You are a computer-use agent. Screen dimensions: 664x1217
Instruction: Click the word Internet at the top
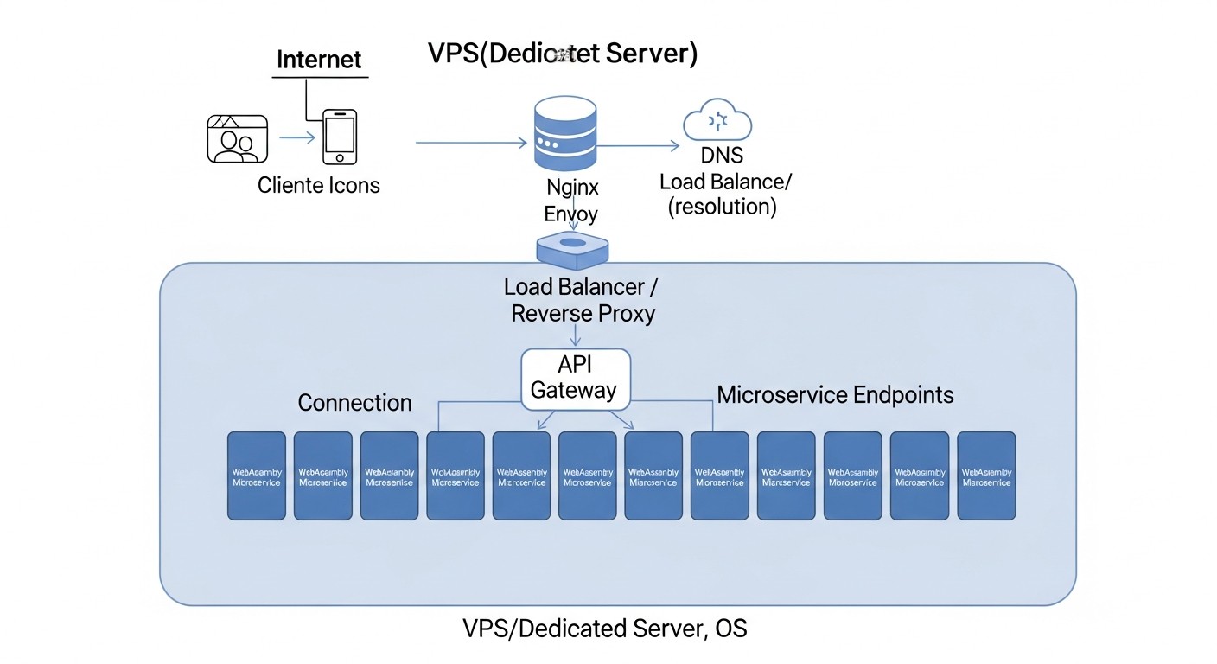319,60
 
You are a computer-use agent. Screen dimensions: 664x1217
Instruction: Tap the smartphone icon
340,136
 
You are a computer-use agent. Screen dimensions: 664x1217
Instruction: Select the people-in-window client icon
238,138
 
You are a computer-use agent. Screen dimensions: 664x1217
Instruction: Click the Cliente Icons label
319,185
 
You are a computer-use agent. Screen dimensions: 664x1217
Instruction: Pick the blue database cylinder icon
565,135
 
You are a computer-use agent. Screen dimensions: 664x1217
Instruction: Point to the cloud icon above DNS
718,121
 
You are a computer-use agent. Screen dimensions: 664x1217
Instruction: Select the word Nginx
572,187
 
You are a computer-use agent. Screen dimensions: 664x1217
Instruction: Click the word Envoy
571,213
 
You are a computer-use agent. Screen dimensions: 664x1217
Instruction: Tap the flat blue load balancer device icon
573,248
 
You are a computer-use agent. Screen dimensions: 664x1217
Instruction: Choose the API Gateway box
575,378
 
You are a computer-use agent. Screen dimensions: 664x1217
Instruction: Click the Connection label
354,403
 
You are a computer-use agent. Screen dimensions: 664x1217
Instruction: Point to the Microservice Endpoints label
835,395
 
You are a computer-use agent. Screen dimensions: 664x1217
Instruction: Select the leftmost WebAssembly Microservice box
257,476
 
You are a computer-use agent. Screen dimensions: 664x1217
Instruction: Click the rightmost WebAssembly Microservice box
986,476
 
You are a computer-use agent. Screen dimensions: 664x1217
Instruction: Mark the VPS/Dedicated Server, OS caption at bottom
605,629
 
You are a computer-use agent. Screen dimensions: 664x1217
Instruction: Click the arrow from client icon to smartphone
296,137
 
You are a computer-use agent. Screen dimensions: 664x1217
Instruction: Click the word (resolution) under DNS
723,207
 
